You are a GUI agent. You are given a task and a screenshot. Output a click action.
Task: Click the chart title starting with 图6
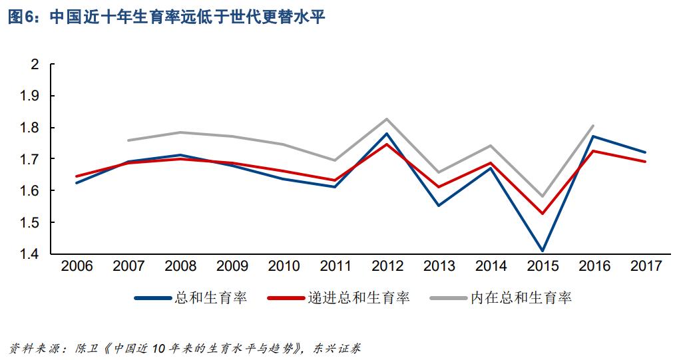(x=166, y=18)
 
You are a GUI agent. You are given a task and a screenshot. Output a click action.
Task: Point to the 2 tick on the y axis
(x=35, y=65)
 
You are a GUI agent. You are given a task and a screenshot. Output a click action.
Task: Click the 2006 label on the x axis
(x=77, y=267)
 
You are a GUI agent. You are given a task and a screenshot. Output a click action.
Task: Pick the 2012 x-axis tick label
(x=387, y=267)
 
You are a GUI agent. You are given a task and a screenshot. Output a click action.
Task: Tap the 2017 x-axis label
(x=646, y=267)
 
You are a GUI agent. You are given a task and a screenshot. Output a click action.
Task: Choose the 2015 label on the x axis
(x=543, y=267)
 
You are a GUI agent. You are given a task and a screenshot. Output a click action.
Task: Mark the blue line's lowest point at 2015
(x=543, y=251)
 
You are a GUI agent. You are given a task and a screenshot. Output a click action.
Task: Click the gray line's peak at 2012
(x=387, y=119)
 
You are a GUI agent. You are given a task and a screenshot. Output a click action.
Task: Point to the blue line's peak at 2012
(x=387, y=134)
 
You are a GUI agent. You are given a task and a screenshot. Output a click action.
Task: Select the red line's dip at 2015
(x=543, y=214)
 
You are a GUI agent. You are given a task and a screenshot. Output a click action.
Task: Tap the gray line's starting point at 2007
(x=128, y=140)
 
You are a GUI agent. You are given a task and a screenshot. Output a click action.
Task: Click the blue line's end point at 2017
(x=646, y=152)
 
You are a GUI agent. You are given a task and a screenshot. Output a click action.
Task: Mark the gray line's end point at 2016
(x=594, y=125)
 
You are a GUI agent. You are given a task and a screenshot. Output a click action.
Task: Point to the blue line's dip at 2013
(x=439, y=205)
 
